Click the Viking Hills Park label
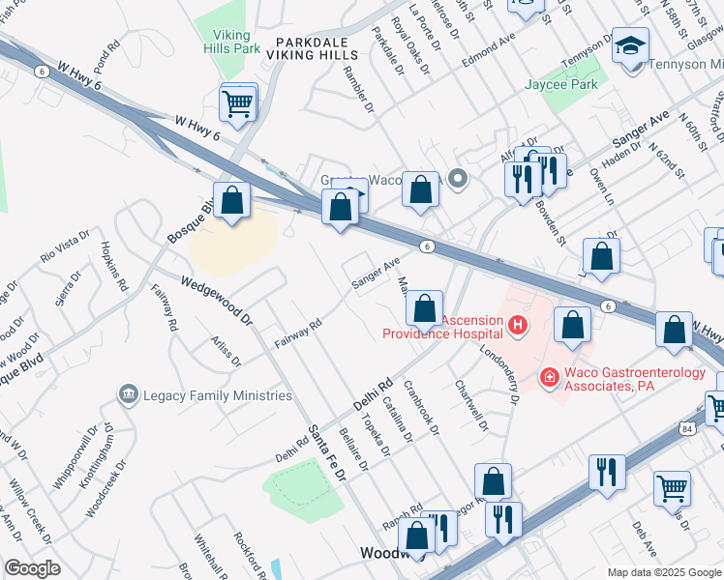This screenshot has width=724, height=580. click(232, 41)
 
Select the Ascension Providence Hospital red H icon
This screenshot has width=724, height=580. click(518, 326)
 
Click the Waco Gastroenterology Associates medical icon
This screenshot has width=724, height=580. click(549, 376)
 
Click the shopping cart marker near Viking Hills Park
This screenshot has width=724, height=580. click(238, 102)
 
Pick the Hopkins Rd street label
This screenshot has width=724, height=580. click(114, 267)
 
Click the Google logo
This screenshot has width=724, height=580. click(32, 568)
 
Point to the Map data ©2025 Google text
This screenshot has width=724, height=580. click(663, 572)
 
